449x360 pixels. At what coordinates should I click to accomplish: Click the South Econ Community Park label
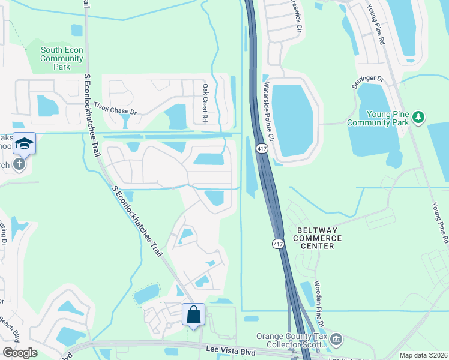[x=62, y=59]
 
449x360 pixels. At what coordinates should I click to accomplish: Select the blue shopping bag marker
[x=193, y=314]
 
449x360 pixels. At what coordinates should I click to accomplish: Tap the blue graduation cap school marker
[x=25, y=143]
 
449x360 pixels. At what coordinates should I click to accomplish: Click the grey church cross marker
[x=19, y=163]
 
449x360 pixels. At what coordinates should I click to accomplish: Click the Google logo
[x=20, y=352]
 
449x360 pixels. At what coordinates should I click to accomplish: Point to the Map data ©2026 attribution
[x=423, y=355]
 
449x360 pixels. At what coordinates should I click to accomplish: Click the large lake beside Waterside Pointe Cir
[x=292, y=120]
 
